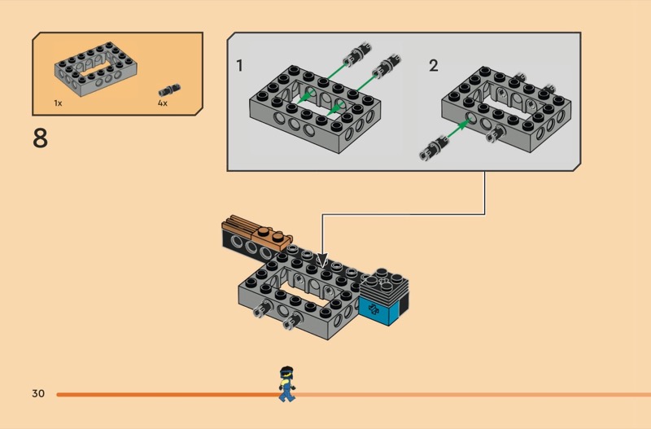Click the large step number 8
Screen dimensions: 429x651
click(x=40, y=138)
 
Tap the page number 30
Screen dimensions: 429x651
click(x=38, y=394)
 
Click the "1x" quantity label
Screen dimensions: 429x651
click(x=58, y=103)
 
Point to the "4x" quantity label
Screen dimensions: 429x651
click(x=162, y=103)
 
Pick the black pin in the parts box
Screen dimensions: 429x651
click(x=170, y=89)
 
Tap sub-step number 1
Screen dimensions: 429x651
click(x=239, y=65)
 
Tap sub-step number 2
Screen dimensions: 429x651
click(x=433, y=65)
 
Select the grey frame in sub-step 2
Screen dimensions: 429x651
click(x=505, y=110)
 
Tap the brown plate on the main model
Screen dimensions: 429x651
click(x=259, y=232)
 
